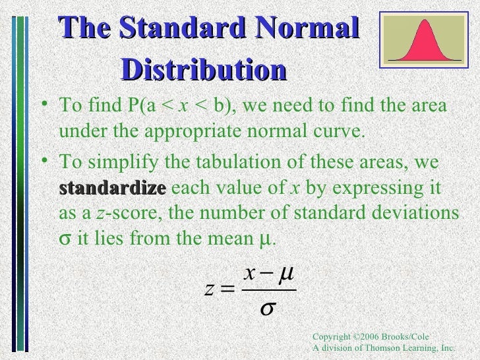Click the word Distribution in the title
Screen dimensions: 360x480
click(204, 69)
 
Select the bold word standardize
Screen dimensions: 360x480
click(112, 188)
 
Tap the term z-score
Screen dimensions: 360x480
click(120, 213)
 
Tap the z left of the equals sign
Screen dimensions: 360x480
click(209, 290)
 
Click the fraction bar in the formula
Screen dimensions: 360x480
click(269, 290)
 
